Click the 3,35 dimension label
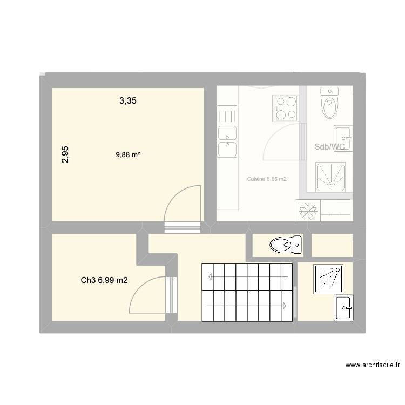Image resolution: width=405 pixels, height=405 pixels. click(127, 100)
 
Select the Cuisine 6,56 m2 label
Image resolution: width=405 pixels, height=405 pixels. click(267, 179)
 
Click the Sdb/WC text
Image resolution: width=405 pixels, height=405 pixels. click(329, 147)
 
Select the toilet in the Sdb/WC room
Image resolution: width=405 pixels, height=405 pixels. click(329, 103)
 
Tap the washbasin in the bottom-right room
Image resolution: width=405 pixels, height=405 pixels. click(343, 308)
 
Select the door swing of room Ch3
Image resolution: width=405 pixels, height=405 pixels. click(150, 295)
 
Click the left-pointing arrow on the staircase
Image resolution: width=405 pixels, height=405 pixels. click(211, 276)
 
